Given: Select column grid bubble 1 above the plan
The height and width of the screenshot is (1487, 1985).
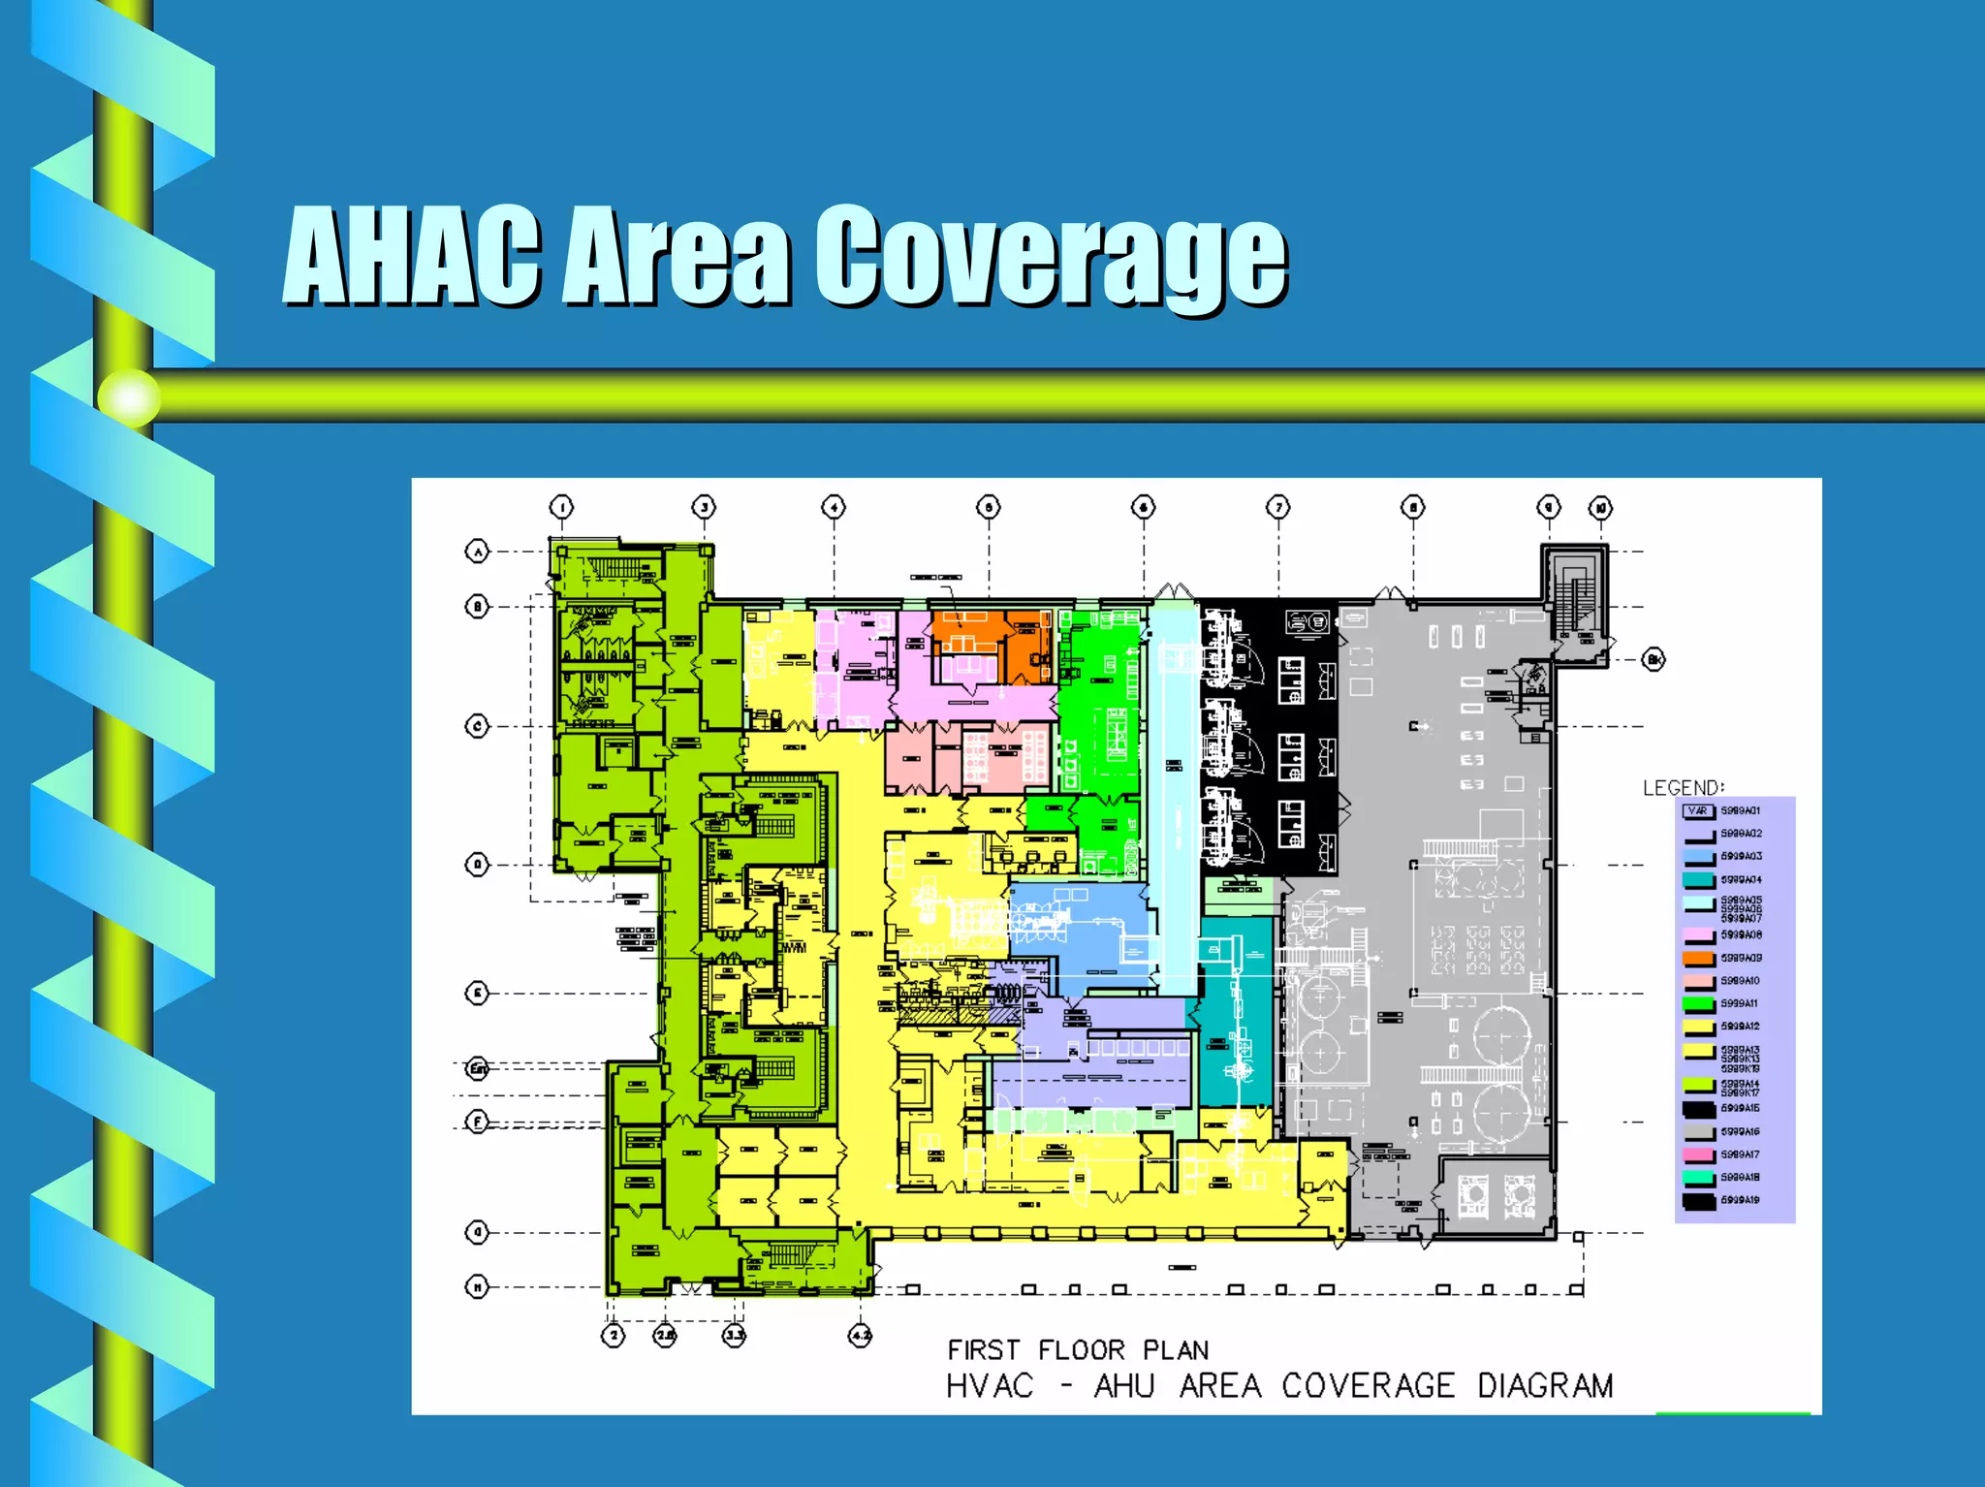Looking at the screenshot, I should [561, 507].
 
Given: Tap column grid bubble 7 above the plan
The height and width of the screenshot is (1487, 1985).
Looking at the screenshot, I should [1278, 507].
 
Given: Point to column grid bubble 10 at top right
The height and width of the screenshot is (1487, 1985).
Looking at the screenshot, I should [1600, 508].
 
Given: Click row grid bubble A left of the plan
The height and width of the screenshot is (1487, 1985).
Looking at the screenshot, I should [477, 552].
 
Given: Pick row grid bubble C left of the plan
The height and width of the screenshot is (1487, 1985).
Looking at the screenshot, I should [477, 726].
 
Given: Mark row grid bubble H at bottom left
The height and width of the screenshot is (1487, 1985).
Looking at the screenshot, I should [477, 1287].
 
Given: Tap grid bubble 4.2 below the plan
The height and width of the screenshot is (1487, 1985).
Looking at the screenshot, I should [861, 1336].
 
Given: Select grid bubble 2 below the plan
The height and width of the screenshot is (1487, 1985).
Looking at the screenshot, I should [614, 1336].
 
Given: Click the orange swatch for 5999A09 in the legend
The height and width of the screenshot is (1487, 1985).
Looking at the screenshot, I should [1698, 959].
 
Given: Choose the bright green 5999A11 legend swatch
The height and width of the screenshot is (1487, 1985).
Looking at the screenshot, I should [1698, 1004].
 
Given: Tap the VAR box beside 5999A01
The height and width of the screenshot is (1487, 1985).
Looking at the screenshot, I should [1698, 811].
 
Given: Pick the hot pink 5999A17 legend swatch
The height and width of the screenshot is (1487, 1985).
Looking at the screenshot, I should [1698, 1155].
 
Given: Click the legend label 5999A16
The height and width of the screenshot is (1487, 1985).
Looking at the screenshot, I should [1741, 1132].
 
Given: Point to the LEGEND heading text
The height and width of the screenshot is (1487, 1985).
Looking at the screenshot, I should [1684, 787].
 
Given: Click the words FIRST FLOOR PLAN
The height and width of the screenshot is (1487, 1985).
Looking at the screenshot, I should [1078, 1350].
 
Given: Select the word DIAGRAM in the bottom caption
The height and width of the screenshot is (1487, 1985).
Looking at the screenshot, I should [1545, 1386].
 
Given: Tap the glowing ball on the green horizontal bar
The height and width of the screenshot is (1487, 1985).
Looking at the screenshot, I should [129, 397].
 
